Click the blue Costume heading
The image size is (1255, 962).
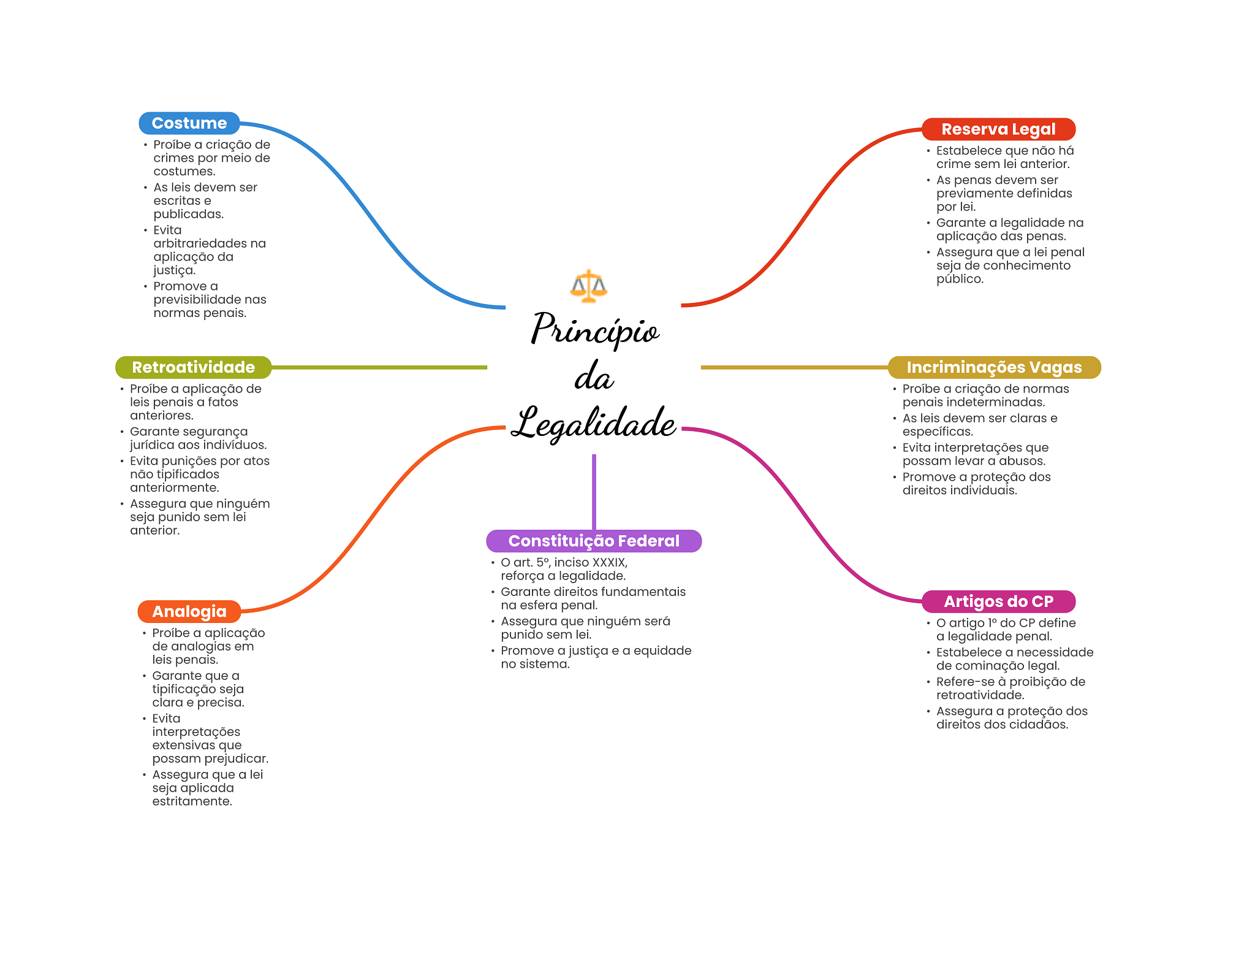189,123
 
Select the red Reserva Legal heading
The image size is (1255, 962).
998,129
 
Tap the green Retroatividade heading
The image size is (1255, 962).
193,367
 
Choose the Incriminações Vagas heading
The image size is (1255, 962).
994,367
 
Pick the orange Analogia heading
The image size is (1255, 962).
189,611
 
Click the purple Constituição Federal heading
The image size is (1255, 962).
593,541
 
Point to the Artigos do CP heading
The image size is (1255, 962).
998,601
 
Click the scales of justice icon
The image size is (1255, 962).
588,286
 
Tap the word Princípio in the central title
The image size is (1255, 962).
594,330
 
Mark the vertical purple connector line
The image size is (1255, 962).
594,491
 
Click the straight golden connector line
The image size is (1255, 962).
794,367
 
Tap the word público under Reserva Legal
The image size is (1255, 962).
960,279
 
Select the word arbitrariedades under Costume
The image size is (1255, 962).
210,243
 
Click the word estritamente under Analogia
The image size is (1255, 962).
192,801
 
